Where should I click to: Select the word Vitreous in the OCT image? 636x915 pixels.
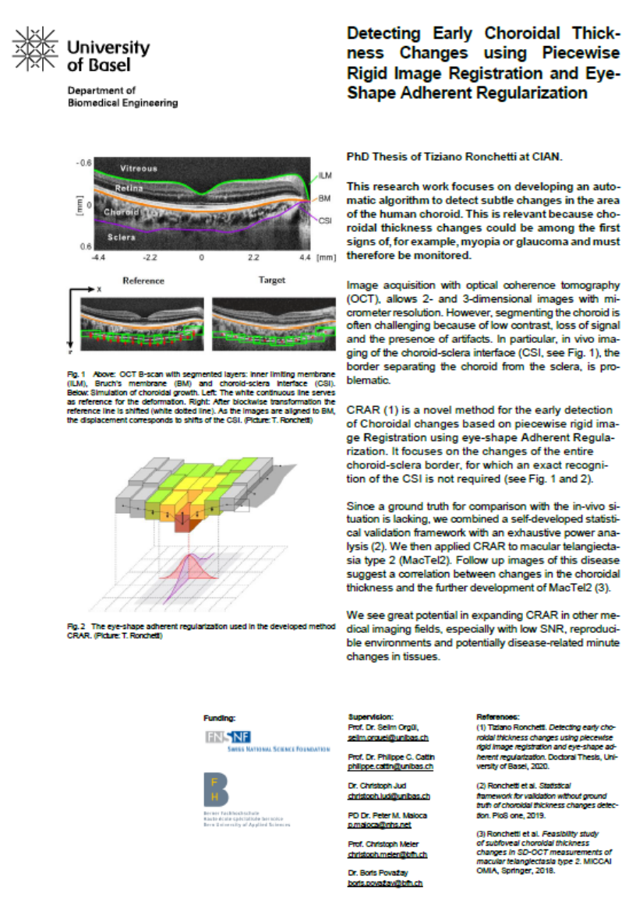[140, 168]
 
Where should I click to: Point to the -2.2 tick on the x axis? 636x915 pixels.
[151, 256]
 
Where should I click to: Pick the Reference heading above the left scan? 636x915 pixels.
[142, 280]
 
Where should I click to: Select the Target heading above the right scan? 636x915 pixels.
[270, 279]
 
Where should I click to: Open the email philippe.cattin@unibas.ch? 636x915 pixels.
[390, 767]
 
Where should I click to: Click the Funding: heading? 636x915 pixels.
[219, 717]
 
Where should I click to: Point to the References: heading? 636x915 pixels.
[497, 715]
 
